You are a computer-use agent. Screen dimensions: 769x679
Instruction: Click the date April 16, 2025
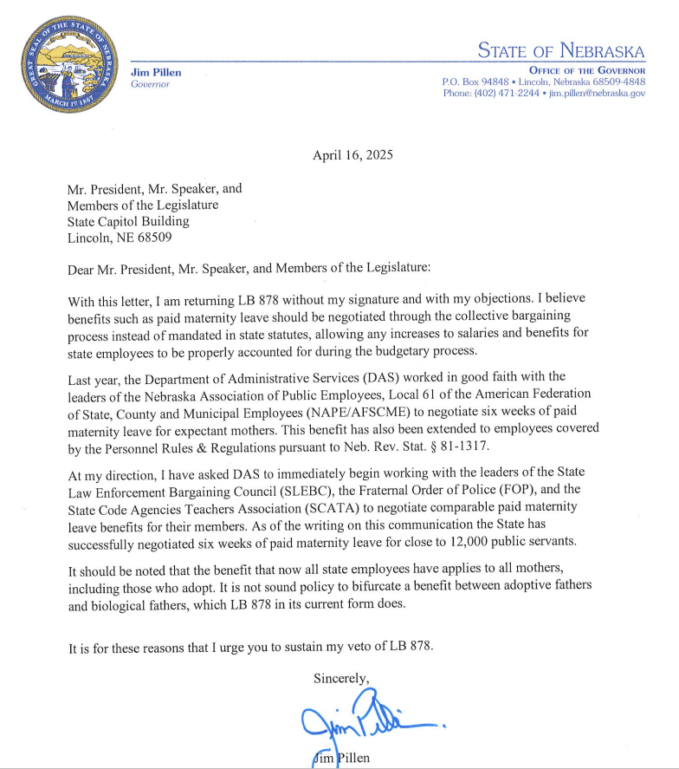point(352,156)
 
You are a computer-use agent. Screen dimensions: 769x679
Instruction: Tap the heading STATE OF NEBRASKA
point(560,50)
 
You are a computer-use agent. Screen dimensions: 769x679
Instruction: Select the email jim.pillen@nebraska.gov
point(597,93)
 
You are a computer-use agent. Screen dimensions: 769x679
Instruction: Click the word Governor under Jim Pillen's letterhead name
point(150,84)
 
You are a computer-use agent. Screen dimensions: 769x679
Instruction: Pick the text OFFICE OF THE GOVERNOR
point(586,69)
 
